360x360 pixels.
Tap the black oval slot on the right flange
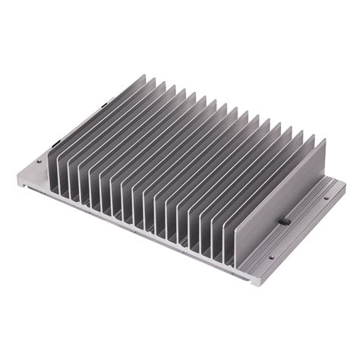[283, 221]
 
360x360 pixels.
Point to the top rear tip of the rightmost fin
[325, 138]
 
